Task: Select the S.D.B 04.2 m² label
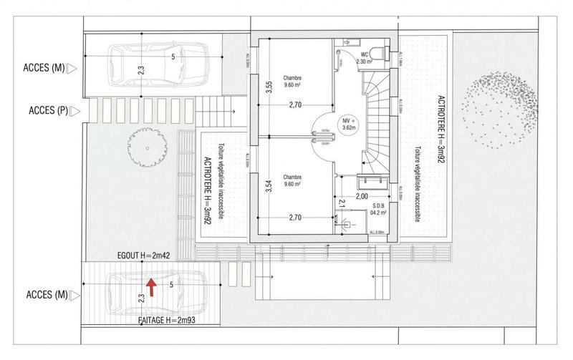tap(378, 209)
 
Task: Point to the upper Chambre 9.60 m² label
tap(292, 82)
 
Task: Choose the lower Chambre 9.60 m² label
tap(292, 180)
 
